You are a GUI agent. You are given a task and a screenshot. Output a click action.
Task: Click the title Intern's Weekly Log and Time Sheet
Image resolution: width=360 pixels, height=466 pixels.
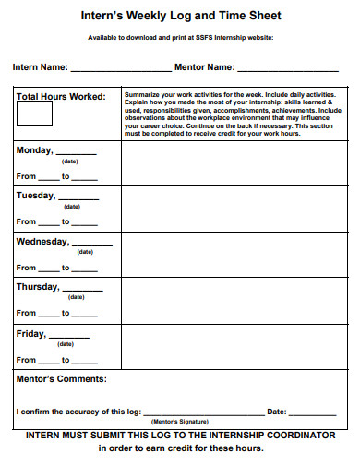click(180, 17)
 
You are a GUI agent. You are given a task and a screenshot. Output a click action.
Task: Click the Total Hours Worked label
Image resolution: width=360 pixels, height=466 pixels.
click(61, 96)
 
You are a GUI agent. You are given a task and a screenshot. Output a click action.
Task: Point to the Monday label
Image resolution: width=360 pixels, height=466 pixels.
click(34, 149)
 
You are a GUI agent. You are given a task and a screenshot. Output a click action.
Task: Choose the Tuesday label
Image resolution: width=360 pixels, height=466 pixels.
click(36, 195)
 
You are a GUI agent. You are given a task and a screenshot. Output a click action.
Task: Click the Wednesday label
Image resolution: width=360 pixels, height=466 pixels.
click(42, 241)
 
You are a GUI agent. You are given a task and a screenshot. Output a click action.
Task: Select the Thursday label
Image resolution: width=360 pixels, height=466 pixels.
click(38, 286)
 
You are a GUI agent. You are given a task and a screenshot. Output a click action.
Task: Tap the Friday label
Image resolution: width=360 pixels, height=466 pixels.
click(30, 333)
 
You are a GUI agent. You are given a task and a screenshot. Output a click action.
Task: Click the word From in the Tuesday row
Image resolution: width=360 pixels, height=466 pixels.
click(26, 221)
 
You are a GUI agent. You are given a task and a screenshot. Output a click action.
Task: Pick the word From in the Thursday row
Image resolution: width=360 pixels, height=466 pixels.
click(26, 314)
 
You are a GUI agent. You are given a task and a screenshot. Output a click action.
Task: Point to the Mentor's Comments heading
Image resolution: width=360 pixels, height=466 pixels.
click(61, 378)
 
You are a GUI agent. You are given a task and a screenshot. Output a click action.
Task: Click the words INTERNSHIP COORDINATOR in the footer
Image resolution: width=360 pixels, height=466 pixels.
click(277, 435)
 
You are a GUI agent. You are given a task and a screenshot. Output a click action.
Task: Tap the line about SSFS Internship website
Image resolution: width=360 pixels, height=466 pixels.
click(180, 38)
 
